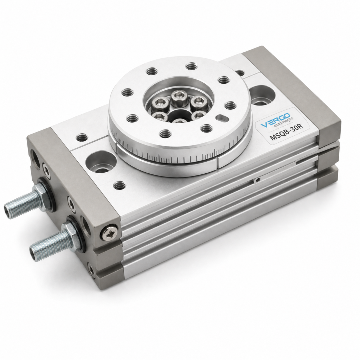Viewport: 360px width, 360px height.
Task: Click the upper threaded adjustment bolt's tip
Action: tap(7, 209)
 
